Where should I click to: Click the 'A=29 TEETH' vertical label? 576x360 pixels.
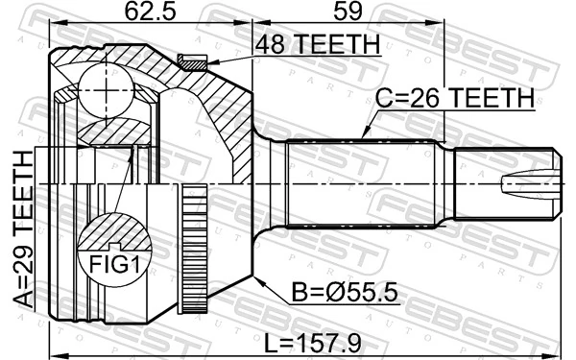[x=22, y=231]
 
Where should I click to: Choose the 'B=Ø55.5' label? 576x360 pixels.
[x=340, y=288]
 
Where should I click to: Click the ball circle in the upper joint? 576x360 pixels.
[x=101, y=86]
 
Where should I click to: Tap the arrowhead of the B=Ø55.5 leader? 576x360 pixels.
[x=258, y=277]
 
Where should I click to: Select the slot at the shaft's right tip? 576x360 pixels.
[x=528, y=183]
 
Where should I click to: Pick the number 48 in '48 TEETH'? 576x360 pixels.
[x=270, y=44]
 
